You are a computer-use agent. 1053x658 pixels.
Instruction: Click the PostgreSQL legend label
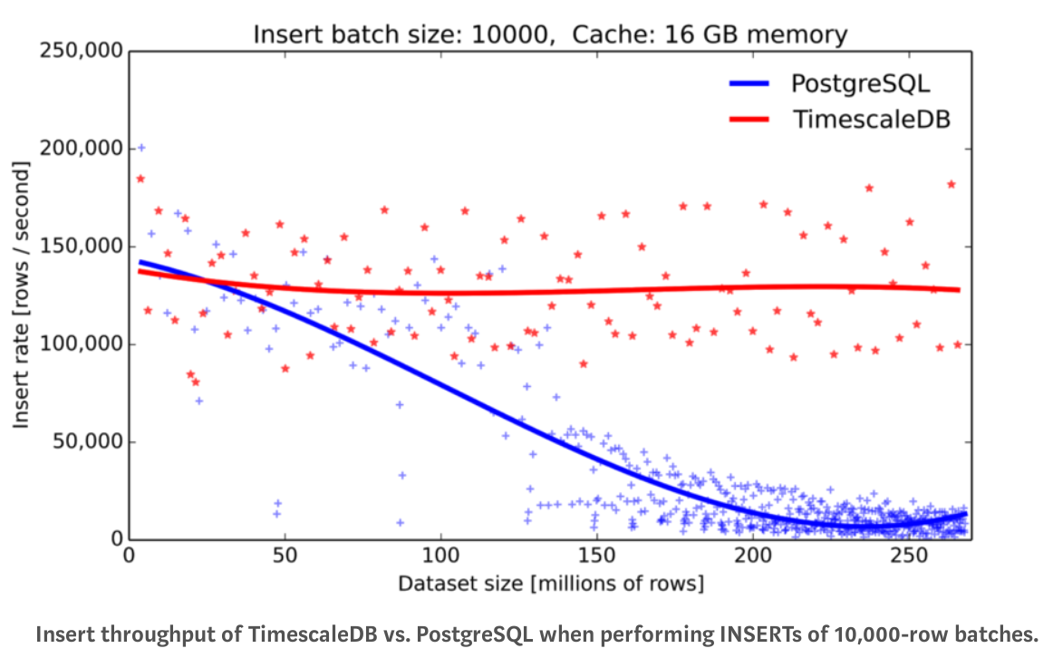pyautogui.click(x=860, y=84)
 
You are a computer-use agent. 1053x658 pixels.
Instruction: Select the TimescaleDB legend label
pyautogui.click(x=871, y=119)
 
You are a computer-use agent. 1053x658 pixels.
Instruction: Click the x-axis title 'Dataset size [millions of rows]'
pyautogui.click(x=550, y=583)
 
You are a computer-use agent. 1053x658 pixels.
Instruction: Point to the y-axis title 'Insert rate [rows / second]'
pyautogui.click(x=22, y=295)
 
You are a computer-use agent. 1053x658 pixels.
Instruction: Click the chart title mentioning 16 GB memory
pyautogui.click(x=550, y=35)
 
